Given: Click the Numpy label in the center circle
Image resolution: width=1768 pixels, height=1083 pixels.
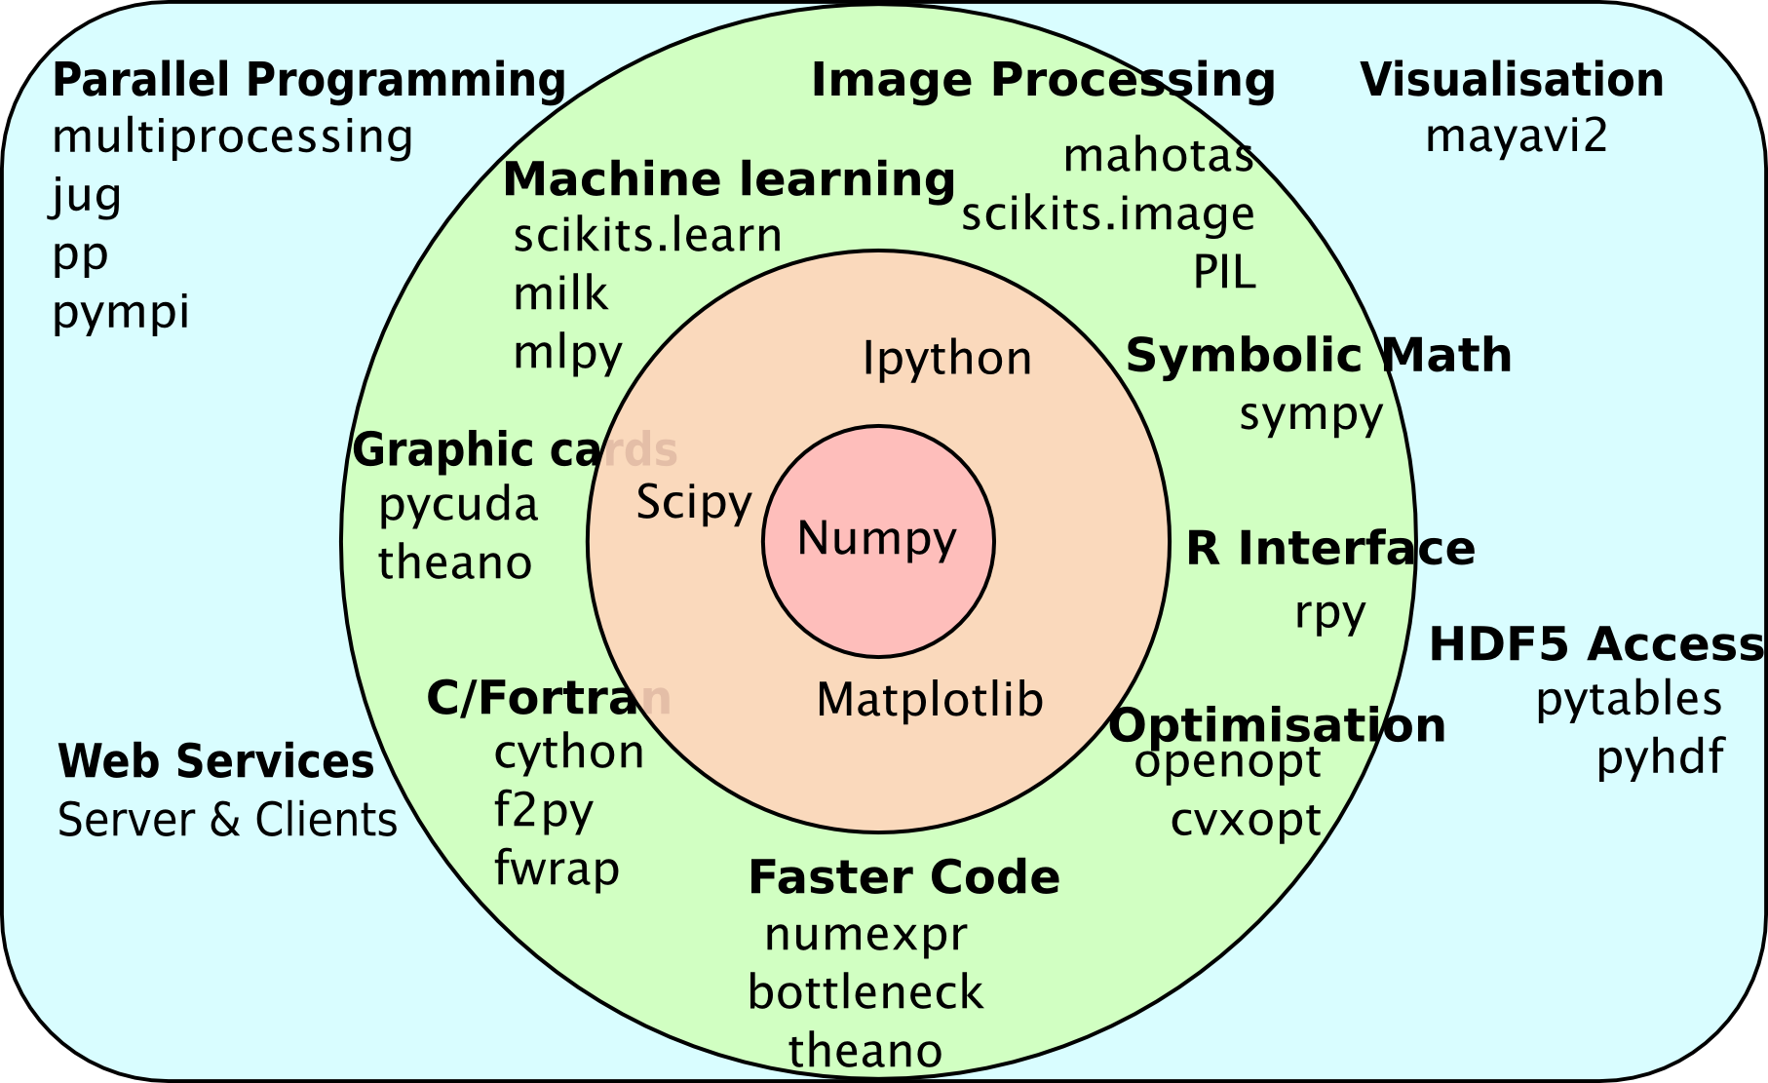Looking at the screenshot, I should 877,538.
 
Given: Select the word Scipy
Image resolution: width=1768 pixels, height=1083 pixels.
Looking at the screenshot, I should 694,503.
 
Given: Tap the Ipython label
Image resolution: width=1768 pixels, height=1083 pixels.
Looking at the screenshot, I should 946,359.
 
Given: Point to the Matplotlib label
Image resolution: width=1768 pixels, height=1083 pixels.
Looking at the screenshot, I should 930,700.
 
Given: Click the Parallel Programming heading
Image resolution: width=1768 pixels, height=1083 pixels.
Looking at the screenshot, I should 309,80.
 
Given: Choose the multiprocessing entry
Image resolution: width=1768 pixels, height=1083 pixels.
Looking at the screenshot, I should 232,137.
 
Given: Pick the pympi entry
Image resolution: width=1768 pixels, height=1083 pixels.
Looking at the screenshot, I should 121,313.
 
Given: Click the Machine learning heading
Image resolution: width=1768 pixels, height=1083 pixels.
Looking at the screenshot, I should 729,179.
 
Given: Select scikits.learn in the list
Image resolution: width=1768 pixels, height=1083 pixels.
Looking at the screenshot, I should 647,236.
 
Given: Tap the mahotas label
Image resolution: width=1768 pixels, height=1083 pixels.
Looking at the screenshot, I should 1158,156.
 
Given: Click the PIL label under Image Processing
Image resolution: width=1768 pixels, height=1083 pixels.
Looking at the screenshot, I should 1224,273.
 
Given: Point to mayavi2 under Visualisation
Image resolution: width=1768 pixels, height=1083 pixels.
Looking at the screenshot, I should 1516,136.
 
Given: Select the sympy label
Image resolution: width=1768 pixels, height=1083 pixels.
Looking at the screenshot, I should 1311,415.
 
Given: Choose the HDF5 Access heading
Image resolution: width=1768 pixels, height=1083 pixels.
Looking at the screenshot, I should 1595,644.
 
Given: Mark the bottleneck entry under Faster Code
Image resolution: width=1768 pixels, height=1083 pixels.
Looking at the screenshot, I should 865,992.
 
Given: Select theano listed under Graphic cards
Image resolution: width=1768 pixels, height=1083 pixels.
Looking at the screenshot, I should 455,563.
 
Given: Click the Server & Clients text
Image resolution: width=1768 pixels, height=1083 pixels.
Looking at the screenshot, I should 227,820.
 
